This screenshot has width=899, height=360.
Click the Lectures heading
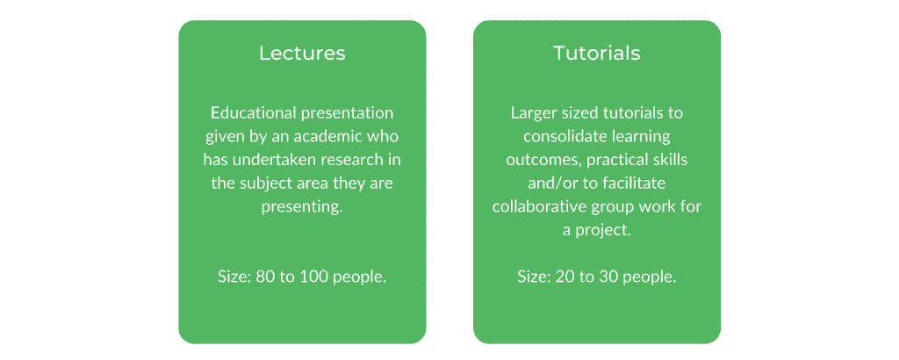pos(302,54)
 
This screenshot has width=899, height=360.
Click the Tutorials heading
pos(597,54)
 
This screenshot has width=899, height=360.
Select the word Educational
pos(252,113)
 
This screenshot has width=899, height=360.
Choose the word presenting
pos(302,207)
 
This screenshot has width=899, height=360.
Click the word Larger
pos(529,113)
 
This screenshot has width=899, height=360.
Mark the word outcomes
pos(540,160)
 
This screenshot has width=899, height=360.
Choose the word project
pos(601,230)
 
